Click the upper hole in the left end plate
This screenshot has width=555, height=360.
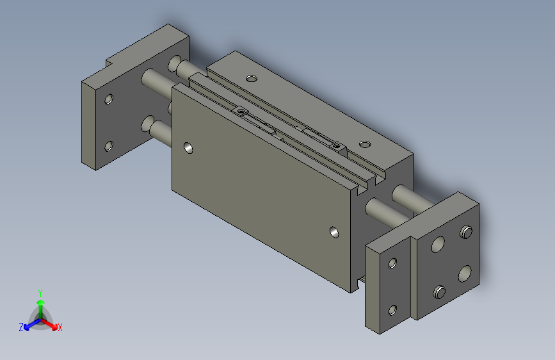point(109,99)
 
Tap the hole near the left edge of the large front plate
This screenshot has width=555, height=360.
point(188,149)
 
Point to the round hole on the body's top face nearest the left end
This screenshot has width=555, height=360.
point(252,79)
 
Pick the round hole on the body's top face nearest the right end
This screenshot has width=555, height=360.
point(364,143)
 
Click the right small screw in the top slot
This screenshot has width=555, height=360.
point(337,146)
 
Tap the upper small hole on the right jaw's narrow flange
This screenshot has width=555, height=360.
point(392,262)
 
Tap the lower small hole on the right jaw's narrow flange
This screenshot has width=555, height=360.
point(392,310)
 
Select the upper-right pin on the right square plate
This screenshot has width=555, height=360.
point(467,231)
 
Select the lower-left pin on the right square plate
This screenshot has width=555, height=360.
point(440,293)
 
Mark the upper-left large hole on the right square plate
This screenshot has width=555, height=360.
point(438,244)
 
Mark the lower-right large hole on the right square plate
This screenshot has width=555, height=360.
point(466,274)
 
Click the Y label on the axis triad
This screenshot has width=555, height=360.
point(40,292)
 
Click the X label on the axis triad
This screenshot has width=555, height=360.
point(60,328)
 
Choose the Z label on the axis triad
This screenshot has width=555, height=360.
point(20,327)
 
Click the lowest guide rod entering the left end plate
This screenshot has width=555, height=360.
point(159,131)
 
